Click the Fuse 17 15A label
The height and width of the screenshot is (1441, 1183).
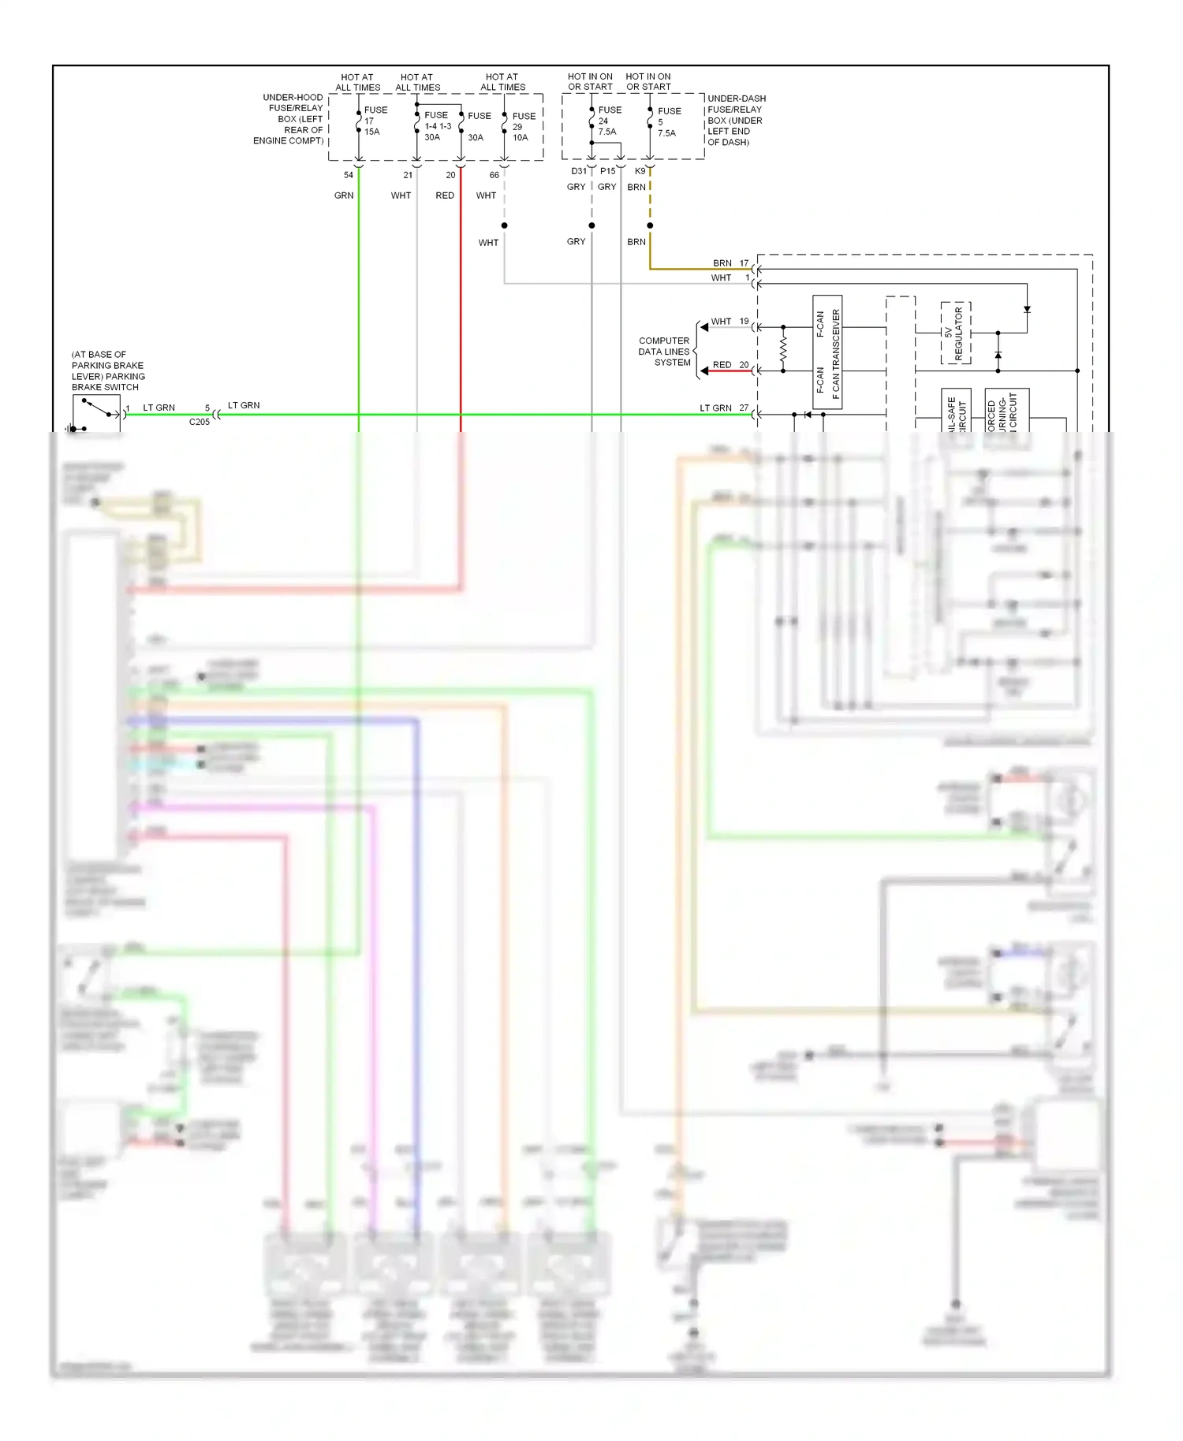(x=375, y=121)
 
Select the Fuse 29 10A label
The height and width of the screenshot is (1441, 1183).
(x=523, y=126)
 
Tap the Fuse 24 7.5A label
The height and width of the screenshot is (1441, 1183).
(x=609, y=121)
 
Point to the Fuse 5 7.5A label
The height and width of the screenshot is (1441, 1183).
(x=669, y=122)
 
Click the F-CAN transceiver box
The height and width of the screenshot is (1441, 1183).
(x=827, y=352)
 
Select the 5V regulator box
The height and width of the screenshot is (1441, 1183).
(x=955, y=333)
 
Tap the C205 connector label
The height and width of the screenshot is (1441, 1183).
(x=200, y=423)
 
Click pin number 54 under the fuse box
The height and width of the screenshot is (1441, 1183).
(x=348, y=175)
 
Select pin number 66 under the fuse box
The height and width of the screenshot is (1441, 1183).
(x=494, y=175)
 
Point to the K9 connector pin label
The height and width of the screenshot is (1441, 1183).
(x=640, y=171)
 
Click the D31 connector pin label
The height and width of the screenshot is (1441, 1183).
(x=578, y=171)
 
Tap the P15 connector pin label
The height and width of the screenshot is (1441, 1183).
(x=607, y=171)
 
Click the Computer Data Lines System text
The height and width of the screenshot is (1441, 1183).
(x=664, y=352)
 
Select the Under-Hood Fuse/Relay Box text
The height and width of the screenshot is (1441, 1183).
(x=289, y=119)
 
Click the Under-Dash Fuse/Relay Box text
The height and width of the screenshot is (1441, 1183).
(x=735, y=121)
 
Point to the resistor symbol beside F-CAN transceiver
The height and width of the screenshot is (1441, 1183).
(x=783, y=348)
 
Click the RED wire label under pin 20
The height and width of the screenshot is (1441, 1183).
(x=445, y=195)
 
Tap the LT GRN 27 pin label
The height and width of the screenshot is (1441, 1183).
(x=724, y=408)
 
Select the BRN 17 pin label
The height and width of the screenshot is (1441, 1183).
(x=730, y=263)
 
